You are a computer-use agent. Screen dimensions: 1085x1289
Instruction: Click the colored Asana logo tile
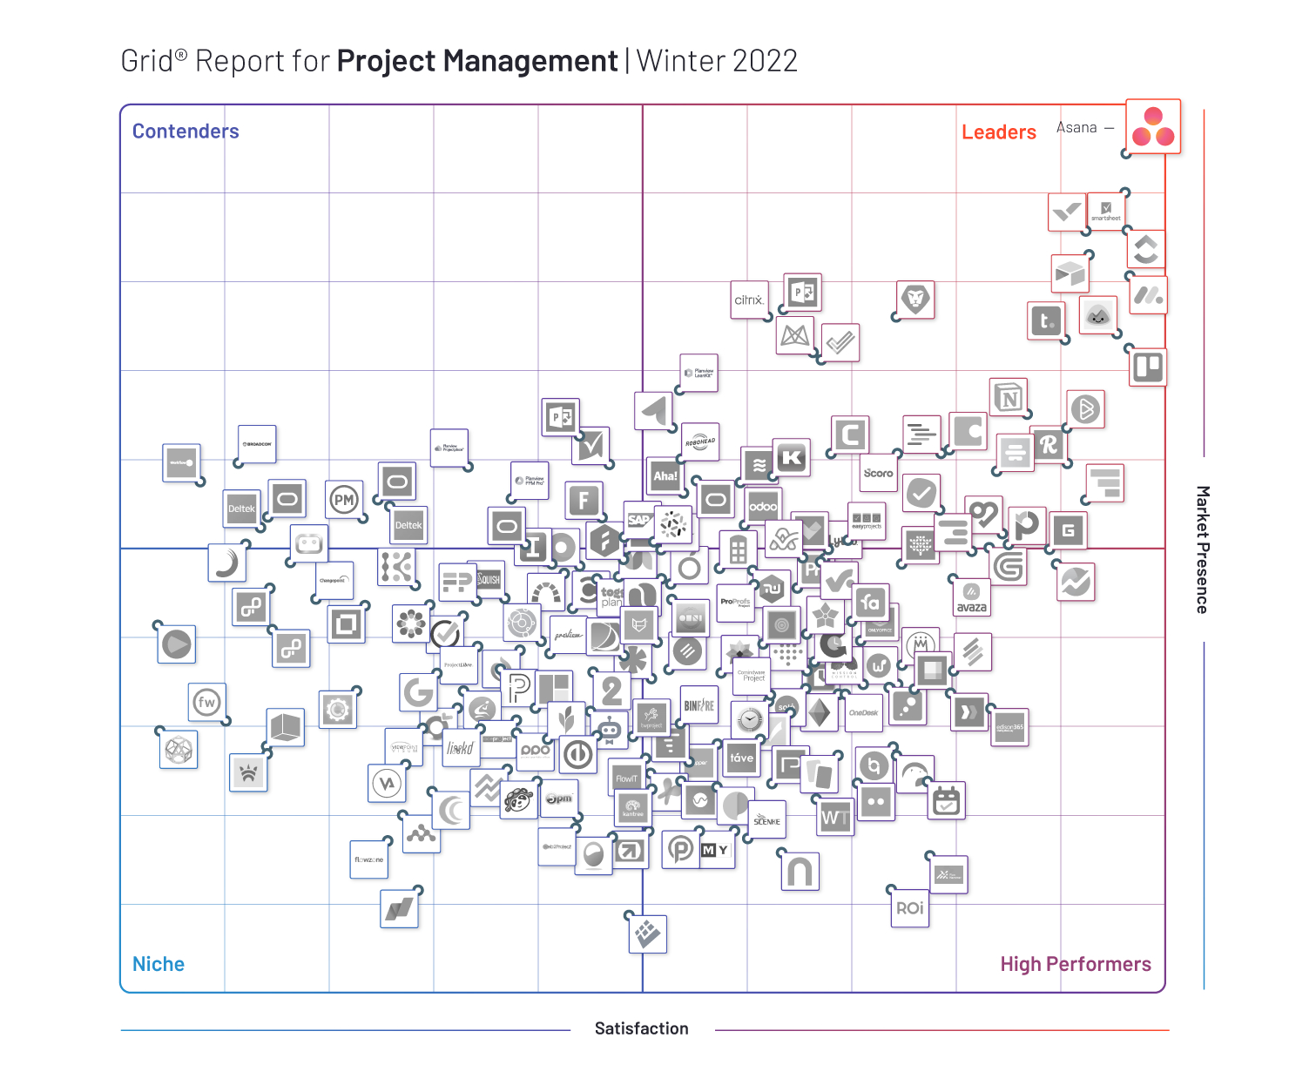1153,127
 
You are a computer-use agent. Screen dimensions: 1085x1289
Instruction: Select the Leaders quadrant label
998,132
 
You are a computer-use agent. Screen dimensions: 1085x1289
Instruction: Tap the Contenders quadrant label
186,131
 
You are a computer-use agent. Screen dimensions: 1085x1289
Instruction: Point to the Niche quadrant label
159,964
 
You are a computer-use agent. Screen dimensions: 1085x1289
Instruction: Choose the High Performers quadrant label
1075,964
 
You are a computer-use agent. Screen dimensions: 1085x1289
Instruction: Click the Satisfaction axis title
641,1028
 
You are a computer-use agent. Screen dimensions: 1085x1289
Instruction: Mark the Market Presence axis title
1202,549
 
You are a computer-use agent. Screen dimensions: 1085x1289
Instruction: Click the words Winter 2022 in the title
717,61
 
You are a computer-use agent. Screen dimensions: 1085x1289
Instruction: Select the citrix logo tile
749,300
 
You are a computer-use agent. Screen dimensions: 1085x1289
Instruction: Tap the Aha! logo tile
665,475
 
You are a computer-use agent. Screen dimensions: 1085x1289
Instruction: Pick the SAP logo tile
640,520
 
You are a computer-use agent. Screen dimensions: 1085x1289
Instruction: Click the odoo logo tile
763,506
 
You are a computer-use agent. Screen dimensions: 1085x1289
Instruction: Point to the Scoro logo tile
878,473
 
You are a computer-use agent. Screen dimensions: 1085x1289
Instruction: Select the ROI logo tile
910,908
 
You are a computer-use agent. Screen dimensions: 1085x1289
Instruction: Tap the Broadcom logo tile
257,444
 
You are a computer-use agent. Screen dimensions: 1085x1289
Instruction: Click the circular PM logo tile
344,500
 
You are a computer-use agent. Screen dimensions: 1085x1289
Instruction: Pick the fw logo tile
206,702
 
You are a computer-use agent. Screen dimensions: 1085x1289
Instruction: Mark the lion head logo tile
915,300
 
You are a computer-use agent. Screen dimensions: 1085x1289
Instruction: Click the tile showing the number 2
612,691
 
